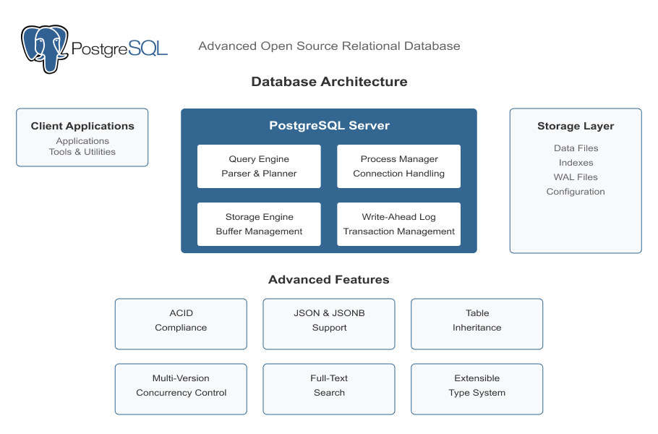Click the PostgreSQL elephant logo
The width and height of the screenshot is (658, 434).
[45, 48]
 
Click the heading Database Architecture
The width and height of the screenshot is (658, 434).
[329, 82]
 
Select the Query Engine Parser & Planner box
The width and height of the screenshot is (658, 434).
[259, 166]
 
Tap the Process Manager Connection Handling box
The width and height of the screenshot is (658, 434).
[398, 166]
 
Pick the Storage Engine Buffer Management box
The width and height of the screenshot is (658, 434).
[259, 224]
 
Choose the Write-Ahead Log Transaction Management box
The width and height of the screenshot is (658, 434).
[398, 224]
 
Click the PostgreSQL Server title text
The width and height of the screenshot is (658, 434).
[329, 126]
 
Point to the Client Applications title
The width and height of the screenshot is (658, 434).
[82, 126]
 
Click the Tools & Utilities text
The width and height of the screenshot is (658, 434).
[82, 152]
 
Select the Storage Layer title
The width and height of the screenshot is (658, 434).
[576, 126]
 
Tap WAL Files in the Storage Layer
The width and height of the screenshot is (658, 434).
[576, 177]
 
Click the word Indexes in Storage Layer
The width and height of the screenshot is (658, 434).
[576, 163]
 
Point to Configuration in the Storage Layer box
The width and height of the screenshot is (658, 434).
[576, 192]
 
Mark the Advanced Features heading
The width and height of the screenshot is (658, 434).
[329, 280]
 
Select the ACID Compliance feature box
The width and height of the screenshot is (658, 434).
[181, 324]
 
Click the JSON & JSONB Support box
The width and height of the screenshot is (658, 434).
[329, 324]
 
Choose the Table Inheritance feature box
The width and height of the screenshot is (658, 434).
[477, 324]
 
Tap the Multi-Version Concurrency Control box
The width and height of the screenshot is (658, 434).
[181, 389]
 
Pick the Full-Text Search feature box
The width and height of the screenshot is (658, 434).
[329, 389]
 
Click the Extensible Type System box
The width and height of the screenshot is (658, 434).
[477, 389]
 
